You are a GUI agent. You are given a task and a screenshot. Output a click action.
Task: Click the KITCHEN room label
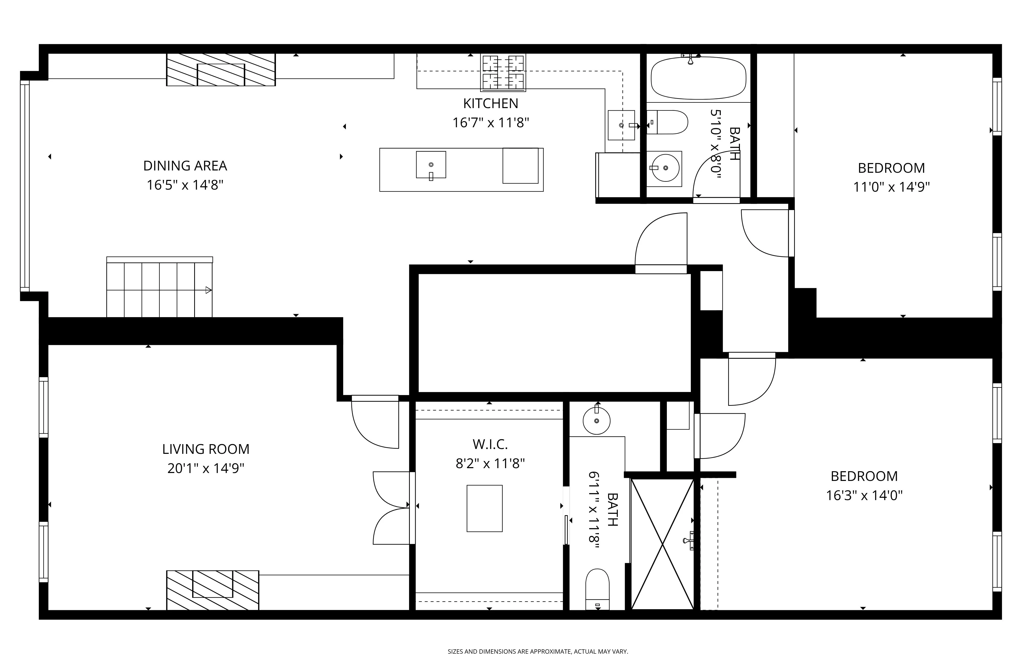pos(490,103)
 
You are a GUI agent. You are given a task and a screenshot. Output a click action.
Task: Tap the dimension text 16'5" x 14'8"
pos(185,185)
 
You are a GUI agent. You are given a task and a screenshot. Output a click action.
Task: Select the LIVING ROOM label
pos(206,449)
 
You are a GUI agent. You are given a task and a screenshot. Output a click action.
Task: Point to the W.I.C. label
pos(490,444)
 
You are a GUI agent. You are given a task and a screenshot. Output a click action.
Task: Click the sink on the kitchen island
pos(431,165)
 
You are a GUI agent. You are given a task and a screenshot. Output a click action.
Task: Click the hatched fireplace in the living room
pos(213,590)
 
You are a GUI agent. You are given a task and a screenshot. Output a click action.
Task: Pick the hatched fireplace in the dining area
pos(221,70)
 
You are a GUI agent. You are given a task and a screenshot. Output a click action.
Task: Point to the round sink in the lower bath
pos(596,421)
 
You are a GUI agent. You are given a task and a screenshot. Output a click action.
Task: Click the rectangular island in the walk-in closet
pos(484,509)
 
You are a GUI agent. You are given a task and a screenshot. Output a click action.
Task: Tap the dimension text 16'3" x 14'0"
pos(864,495)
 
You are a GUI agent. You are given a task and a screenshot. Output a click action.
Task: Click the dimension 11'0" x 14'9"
pos(891,187)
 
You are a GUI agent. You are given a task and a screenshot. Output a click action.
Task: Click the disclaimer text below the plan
pos(538,651)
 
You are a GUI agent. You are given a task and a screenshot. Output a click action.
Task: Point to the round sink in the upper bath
pos(665,168)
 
